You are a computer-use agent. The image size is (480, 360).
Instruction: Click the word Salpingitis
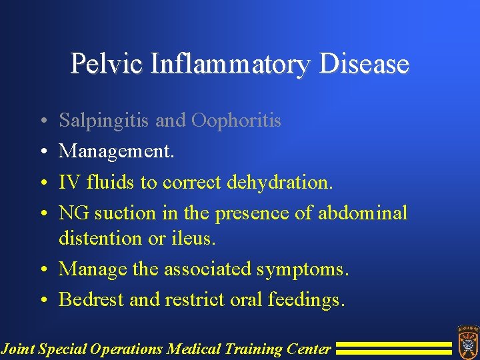point(104,121)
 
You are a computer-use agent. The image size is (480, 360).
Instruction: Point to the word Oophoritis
point(236,121)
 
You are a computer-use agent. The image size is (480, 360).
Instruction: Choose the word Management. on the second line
point(117,151)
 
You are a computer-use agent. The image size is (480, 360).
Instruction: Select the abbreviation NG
point(74,213)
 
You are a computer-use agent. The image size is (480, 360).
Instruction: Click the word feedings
point(307,301)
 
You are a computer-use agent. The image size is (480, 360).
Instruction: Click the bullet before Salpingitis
point(42,121)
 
